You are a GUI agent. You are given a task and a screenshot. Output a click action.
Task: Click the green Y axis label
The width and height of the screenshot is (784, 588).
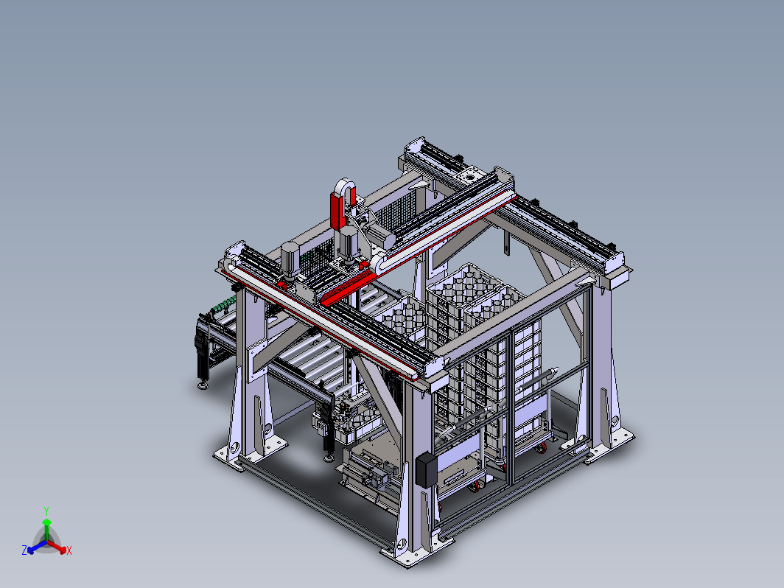46,511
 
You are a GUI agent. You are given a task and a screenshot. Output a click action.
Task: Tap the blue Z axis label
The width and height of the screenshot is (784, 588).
24,550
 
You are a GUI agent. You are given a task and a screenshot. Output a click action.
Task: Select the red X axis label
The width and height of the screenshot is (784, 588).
69,550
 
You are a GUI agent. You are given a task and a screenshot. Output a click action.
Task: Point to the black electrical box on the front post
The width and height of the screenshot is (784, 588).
426,470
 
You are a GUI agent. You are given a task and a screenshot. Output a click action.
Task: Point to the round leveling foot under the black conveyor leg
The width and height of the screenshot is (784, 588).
203,385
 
